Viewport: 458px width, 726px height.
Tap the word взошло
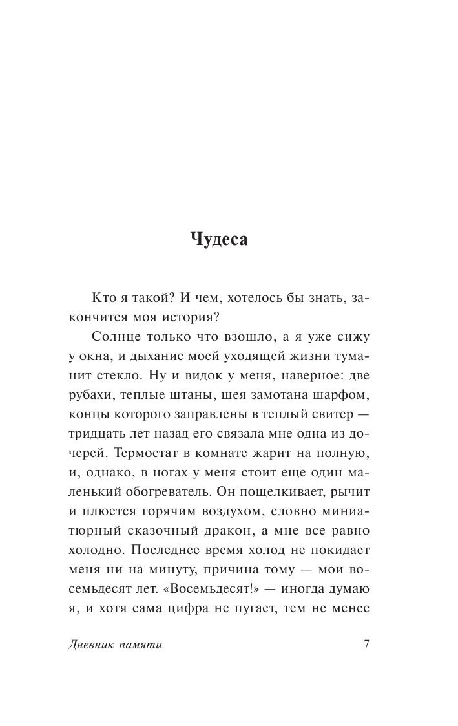(x=233, y=337)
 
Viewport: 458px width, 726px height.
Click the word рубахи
(x=90, y=395)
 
